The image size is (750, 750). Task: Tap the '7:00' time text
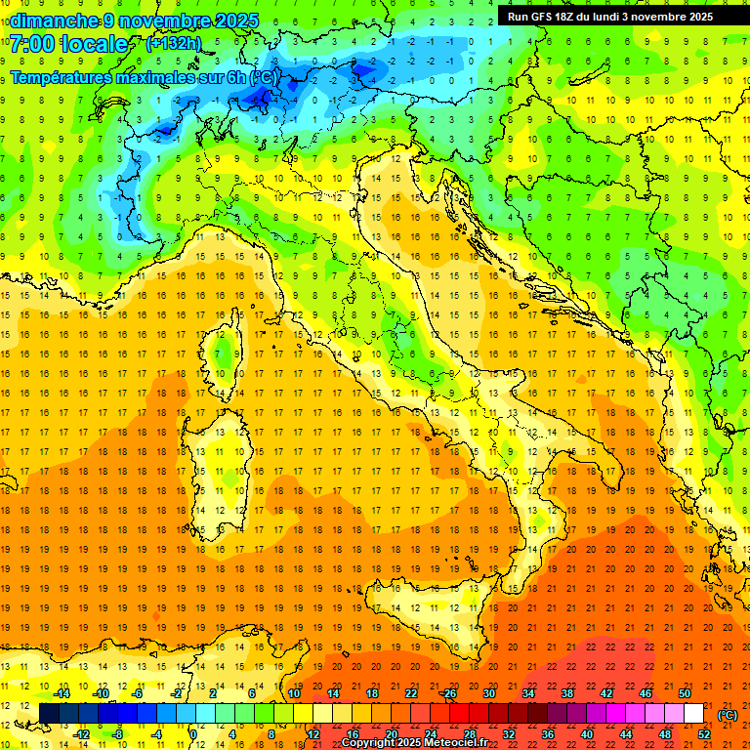29,44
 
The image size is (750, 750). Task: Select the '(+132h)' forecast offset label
173,43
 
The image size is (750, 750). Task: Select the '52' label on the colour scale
704,733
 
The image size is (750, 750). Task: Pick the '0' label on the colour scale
193,733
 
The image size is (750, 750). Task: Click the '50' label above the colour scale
685,693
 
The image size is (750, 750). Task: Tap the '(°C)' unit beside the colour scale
727,714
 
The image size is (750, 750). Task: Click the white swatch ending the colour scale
693,714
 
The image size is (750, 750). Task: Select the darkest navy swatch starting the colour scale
50,714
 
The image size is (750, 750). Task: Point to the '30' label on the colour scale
488,693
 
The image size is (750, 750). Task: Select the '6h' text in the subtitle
236,76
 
